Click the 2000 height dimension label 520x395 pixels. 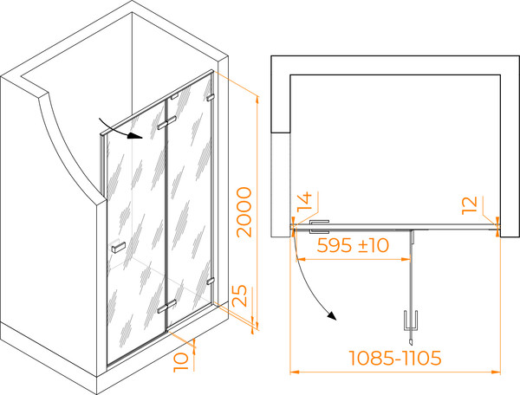coord(244,212)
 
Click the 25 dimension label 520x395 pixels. coord(239,295)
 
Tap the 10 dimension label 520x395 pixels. coord(181,361)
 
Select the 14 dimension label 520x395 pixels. coord(304,201)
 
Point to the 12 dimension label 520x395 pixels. coord(470,205)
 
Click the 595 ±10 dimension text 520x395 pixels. coord(353,245)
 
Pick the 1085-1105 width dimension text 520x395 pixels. coord(395,358)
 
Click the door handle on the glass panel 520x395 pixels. coord(118,247)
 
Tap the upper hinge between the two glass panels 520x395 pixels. coord(166,122)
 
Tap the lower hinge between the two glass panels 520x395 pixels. coord(166,306)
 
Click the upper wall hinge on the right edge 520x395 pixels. coord(211,98)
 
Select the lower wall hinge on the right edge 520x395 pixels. coord(211,281)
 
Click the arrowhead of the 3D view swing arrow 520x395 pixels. coord(136,135)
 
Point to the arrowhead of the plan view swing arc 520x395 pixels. coord(332,316)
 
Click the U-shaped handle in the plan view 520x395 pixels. coord(410,321)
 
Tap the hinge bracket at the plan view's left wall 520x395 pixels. coord(319,227)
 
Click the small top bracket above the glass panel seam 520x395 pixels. coord(174,97)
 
